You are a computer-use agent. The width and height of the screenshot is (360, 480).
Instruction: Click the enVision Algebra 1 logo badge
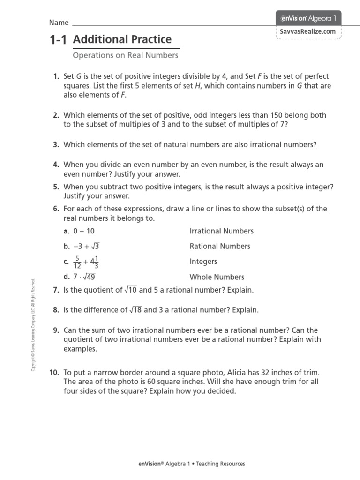coord(308,18)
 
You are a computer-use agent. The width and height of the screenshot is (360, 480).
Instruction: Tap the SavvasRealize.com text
coord(308,31)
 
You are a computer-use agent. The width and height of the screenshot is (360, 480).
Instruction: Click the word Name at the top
coord(59,22)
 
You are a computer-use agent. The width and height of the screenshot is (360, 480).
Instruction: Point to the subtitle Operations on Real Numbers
coord(126,55)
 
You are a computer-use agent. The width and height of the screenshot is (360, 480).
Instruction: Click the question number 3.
coord(56,145)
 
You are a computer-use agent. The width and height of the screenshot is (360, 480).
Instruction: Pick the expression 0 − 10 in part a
coord(83,231)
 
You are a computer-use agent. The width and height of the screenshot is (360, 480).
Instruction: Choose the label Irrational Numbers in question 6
coord(221,231)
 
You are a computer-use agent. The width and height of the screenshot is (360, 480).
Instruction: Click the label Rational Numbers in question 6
coord(220,246)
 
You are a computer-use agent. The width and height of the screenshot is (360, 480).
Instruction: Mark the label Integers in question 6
coord(203,262)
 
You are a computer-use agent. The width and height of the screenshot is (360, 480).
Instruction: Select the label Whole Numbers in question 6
coord(217,277)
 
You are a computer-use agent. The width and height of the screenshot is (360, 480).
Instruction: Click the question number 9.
coord(56,330)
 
